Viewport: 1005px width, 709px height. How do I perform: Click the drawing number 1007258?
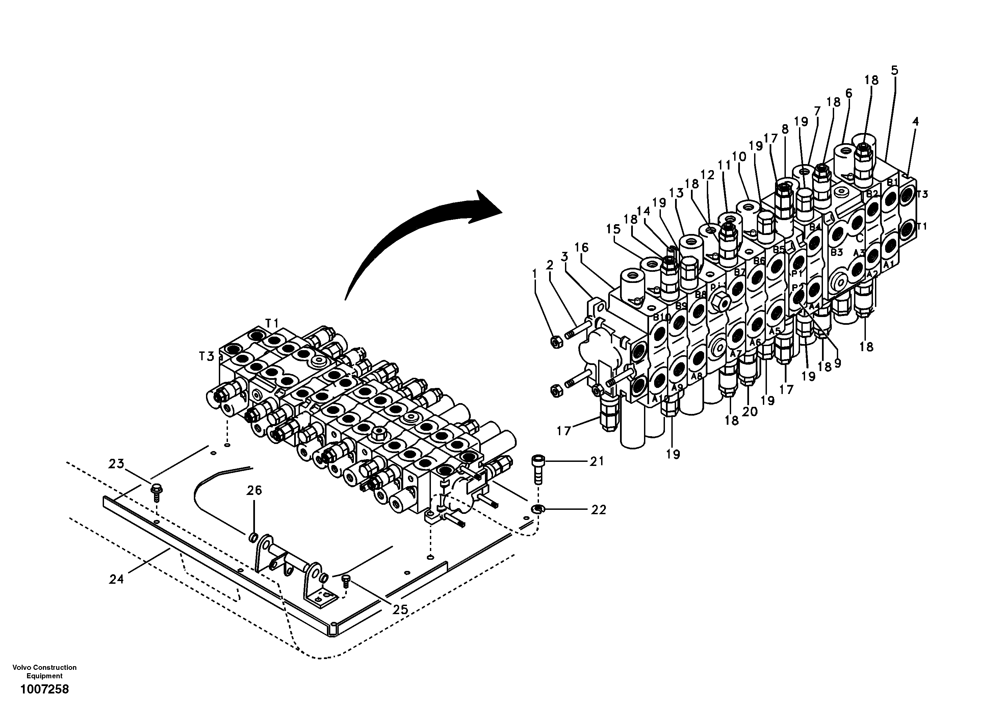pos(44,690)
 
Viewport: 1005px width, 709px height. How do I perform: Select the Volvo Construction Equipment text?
pos(44,672)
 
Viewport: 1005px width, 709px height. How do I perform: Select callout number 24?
pos(117,579)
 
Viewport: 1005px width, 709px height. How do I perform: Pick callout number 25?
pos(400,609)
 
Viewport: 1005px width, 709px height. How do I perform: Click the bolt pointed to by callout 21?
pos(538,468)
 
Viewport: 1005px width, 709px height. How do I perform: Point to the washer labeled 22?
pos(537,508)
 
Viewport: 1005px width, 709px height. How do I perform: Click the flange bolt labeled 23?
pos(155,491)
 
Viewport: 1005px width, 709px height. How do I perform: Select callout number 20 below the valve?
pos(749,412)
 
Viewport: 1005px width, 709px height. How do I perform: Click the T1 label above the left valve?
pos(272,323)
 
